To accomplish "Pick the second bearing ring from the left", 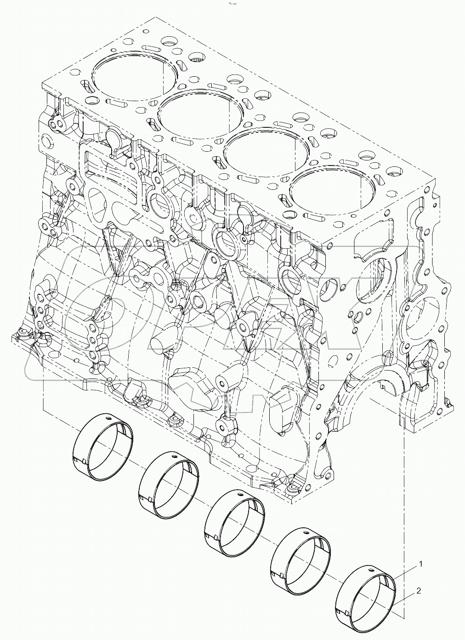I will click(169, 479).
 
